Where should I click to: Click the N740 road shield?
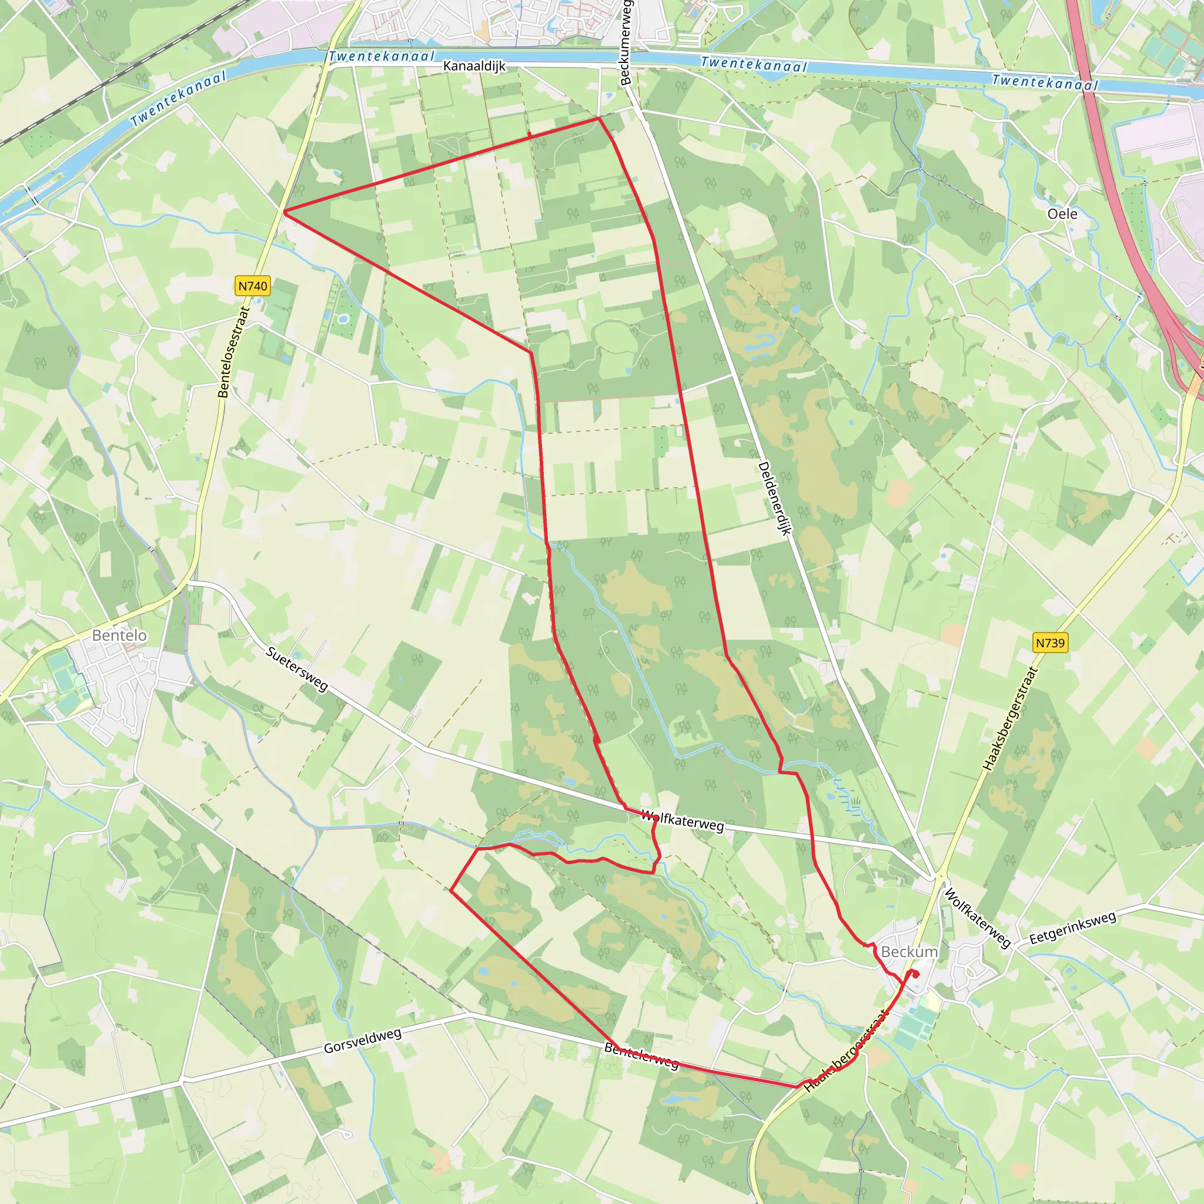click(252, 286)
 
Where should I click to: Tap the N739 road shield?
click(1050, 643)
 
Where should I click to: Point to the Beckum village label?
click(909, 952)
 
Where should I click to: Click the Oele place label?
click(1062, 214)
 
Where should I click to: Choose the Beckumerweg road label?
click(626, 42)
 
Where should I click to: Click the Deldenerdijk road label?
click(774, 499)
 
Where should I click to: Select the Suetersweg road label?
click(297, 668)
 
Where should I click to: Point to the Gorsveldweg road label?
click(362, 1041)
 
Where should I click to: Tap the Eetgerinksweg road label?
click(1072, 928)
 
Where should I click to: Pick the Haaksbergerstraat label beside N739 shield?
click(1009, 718)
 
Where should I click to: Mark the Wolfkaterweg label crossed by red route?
click(682, 821)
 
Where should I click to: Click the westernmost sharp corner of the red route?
click(284, 212)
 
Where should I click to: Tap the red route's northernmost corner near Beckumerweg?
click(598, 118)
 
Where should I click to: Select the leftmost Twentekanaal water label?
click(178, 98)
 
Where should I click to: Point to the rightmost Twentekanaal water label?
click(1045, 82)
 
